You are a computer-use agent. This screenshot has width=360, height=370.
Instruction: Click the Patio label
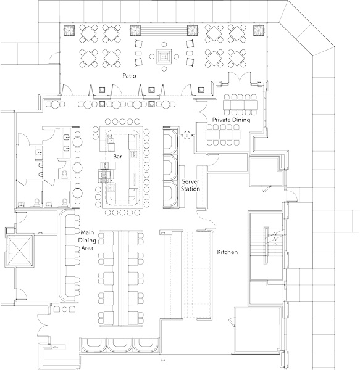[x=129, y=76]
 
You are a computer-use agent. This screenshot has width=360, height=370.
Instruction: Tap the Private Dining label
[x=231, y=120]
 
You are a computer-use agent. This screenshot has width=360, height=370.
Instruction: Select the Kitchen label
[x=227, y=252]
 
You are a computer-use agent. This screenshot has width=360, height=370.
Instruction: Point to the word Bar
[x=117, y=157]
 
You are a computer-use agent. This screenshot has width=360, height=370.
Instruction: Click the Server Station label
[x=190, y=185]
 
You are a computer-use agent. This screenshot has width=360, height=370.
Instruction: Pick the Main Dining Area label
[x=87, y=240]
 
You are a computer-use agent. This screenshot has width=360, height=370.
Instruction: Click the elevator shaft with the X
[x=20, y=250]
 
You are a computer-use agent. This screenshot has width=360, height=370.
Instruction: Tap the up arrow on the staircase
[x=275, y=249]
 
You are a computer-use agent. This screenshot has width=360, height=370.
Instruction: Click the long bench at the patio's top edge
[x=164, y=30]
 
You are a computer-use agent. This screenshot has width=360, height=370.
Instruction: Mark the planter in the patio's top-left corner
[x=69, y=30]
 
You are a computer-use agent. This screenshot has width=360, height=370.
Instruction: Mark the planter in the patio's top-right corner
[x=259, y=30]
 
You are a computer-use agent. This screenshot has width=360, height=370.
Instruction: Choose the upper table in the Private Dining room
[x=240, y=105]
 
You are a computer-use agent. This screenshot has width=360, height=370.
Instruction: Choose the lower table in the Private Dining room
[x=223, y=134]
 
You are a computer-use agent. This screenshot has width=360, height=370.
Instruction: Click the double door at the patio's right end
[x=240, y=78]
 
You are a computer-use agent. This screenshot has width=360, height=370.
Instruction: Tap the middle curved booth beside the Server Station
[x=170, y=168]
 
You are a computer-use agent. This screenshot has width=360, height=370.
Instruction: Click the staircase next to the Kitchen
[x=267, y=246]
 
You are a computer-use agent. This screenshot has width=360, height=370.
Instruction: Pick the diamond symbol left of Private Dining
[x=187, y=135]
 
